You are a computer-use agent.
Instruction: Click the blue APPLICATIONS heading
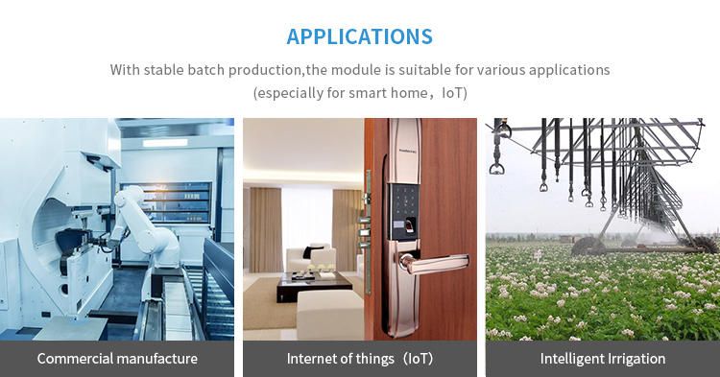[360, 36]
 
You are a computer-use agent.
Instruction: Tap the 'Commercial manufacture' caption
[117, 359]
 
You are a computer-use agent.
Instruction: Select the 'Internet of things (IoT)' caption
[360, 359]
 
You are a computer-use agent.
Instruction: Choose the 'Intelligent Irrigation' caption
[603, 359]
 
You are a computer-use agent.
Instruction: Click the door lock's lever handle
[434, 263]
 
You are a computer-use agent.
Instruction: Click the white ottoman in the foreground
[330, 315]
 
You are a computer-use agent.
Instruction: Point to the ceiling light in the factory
[165, 143]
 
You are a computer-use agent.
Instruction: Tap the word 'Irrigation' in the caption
[634, 359]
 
